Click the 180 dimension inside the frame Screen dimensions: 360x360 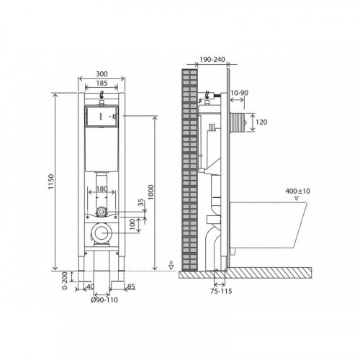click(102, 189)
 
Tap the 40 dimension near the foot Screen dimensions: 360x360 click(90, 287)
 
